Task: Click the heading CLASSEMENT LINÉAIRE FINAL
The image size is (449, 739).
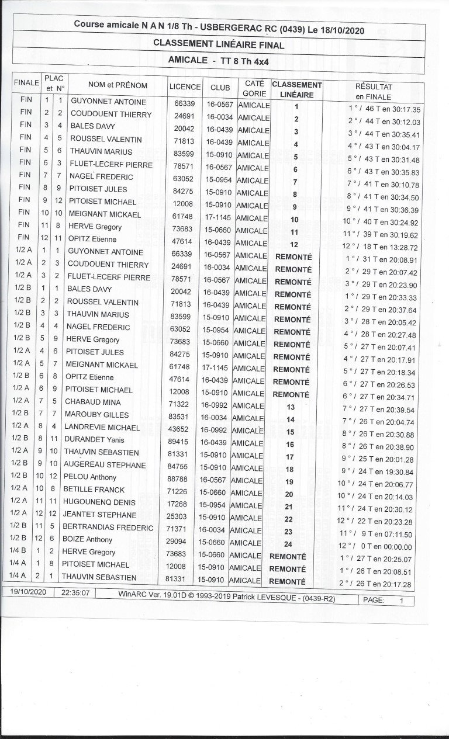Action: coord(219,45)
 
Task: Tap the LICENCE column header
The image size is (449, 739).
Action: coord(185,86)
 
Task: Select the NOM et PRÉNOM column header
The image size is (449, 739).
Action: coord(118,85)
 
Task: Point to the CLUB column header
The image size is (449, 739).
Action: coord(220,87)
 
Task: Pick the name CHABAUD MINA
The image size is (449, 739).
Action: coord(96,402)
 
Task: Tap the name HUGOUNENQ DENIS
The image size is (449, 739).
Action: coord(102,502)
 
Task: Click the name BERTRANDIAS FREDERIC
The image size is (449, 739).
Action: coord(110,528)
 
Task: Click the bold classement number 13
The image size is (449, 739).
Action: coord(291,407)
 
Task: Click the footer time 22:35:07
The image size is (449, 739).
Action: coord(72,592)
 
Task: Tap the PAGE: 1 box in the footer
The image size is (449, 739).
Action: coord(387,600)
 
